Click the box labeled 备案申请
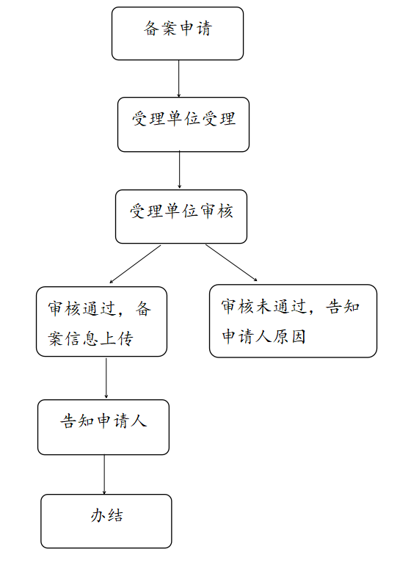pyautogui.click(x=178, y=34)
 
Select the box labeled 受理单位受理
pyautogui.click(x=183, y=125)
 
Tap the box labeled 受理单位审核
pyautogui.click(x=181, y=217)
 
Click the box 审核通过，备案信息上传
pyautogui.click(x=101, y=321)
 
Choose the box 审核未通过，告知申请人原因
pyautogui.click(x=294, y=321)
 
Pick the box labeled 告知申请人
pyautogui.click(x=103, y=427)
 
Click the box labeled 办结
pyautogui.click(x=106, y=521)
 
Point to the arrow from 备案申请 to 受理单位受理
pyautogui.click(x=178, y=79)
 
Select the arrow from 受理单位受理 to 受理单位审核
pyautogui.click(x=179, y=170)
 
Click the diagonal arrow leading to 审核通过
pyautogui.click(x=135, y=264)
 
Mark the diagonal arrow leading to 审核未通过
pyautogui.click(x=231, y=263)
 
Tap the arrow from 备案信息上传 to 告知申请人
pyautogui.click(x=106, y=378)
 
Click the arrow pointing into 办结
pyautogui.click(x=104, y=475)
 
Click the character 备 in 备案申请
pyautogui.click(x=151, y=29)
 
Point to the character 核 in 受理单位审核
pyautogui.click(x=225, y=211)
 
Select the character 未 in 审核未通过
pyautogui.click(x=264, y=307)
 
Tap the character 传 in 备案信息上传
pyautogui.click(x=125, y=338)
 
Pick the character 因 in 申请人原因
pyautogui.click(x=298, y=336)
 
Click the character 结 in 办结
pyautogui.click(x=115, y=516)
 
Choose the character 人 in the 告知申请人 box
pyautogui.click(x=139, y=421)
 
